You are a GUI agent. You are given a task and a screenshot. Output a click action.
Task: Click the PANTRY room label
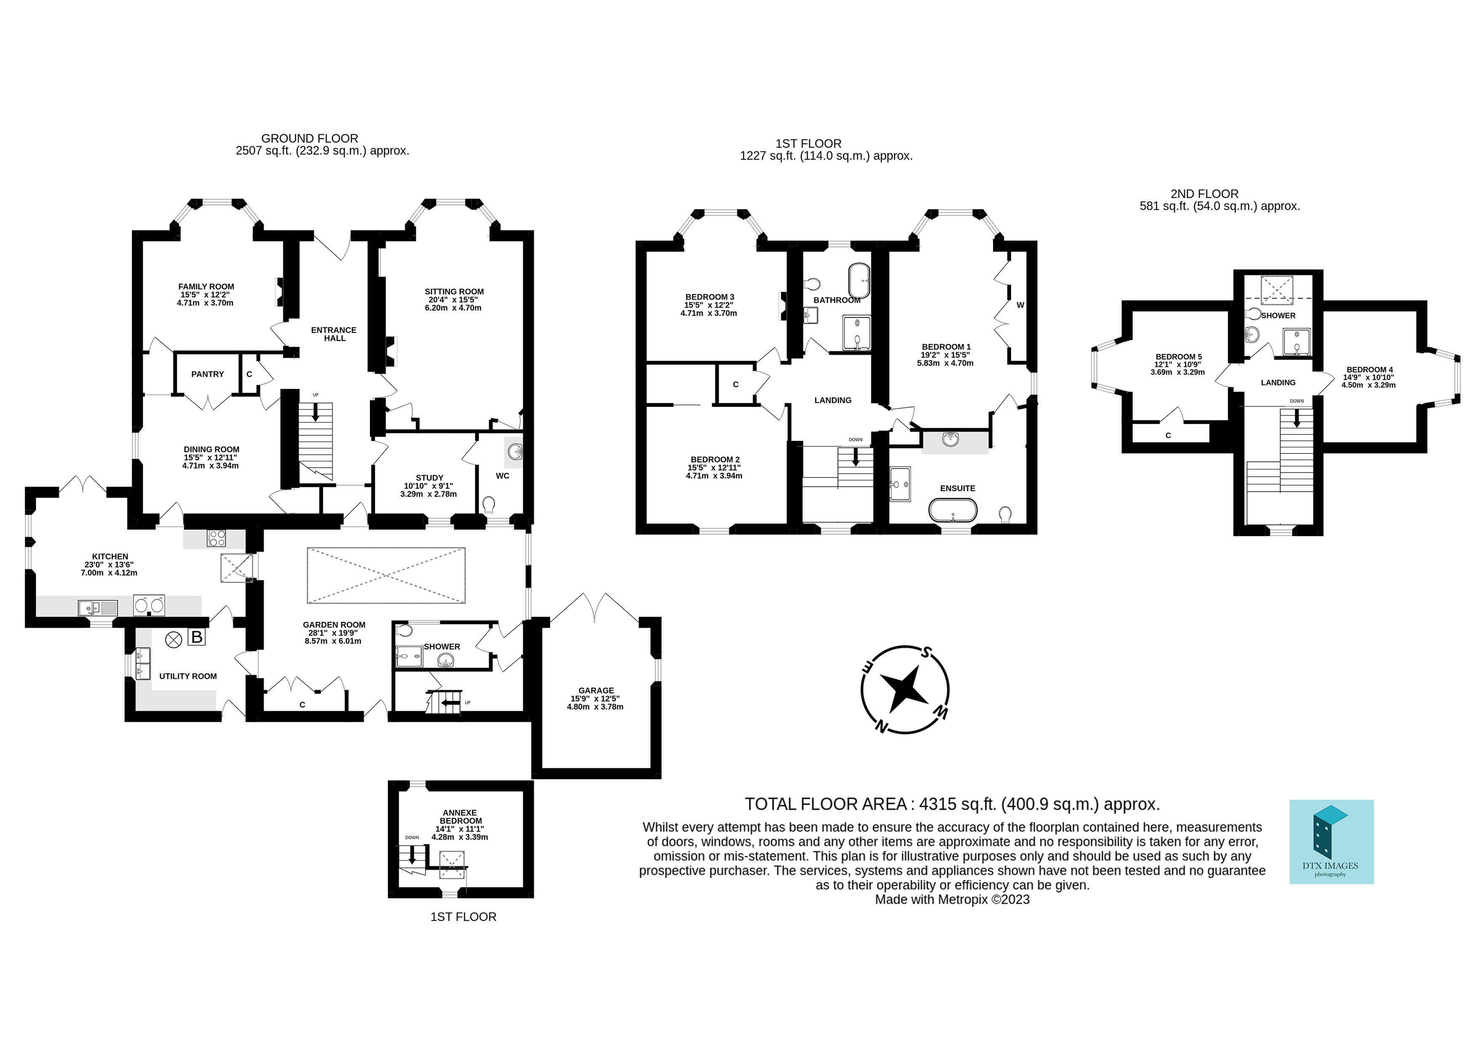click(207, 374)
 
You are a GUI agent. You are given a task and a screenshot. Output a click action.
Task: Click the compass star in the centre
click(905, 690)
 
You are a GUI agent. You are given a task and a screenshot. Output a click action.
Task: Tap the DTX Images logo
click(1331, 841)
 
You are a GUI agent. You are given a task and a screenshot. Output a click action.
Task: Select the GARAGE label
click(596, 690)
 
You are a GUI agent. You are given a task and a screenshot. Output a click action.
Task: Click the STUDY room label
click(429, 478)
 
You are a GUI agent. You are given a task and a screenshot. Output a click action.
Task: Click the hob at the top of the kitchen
click(216, 538)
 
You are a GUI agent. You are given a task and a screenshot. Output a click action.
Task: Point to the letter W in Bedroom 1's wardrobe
click(1020, 305)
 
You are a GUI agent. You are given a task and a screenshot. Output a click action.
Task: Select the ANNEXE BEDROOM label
click(460, 817)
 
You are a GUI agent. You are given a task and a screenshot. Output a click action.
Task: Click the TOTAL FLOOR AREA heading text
click(952, 804)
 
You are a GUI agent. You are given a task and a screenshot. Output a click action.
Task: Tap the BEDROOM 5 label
click(1178, 357)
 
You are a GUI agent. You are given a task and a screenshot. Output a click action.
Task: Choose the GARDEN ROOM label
click(334, 624)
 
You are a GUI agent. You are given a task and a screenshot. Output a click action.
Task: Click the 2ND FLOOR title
click(1204, 194)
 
